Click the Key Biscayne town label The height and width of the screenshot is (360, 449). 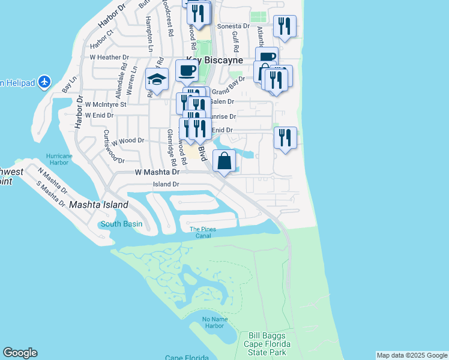(214, 60)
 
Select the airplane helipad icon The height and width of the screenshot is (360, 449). (44, 82)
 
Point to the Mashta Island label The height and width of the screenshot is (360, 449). (98, 205)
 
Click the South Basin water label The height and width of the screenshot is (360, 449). (121, 224)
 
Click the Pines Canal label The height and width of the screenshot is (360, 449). (202, 232)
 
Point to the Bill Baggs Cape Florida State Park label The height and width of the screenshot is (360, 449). (267, 344)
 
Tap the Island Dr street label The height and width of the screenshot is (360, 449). (166, 184)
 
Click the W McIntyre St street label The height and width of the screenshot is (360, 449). (106, 104)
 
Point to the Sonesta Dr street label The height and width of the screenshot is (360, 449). (233, 26)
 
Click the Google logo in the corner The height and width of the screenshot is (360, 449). (20, 353)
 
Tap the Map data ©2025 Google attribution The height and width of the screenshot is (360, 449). (412, 355)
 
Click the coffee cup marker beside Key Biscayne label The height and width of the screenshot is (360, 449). (187, 71)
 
